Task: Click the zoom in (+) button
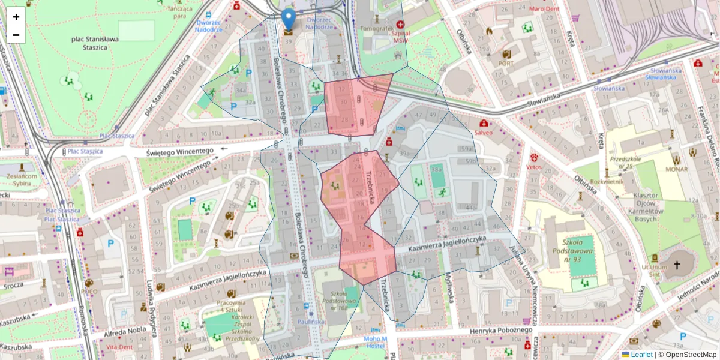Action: point(16,17)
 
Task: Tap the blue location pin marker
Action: point(289,20)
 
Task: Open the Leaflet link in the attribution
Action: point(641,355)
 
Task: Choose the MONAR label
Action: point(676,170)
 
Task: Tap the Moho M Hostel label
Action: point(376,342)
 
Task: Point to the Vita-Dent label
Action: point(119,347)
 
